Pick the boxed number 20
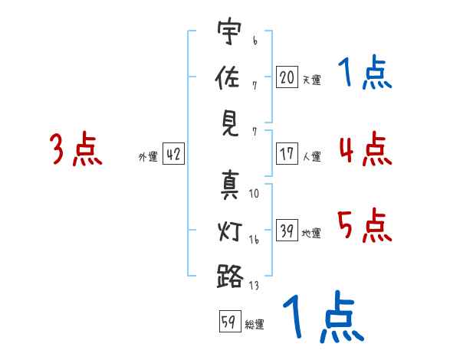coord(287,77)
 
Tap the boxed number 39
coord(287,231)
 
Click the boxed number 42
coord(173,154)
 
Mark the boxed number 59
coord(228,322)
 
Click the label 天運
coord(311,80)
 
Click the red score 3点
coord(76,149)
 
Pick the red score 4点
coord(364,149)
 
